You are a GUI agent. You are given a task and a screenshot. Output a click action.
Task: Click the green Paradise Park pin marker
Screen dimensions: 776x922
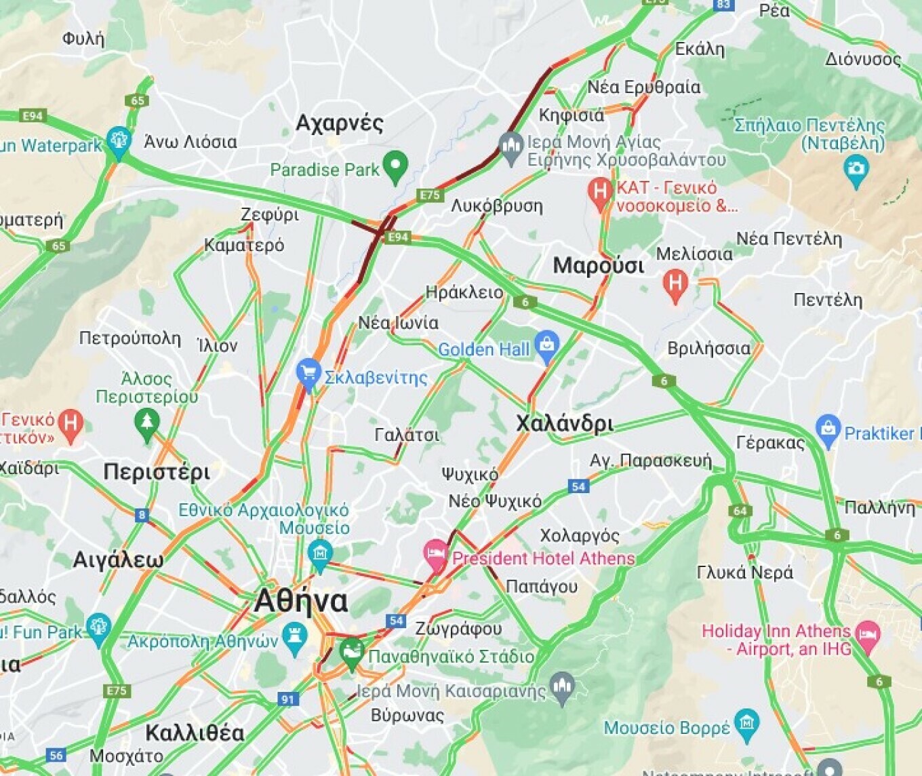click(x=395, y=165)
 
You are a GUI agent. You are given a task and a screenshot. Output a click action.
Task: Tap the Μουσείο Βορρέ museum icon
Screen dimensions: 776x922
click(x=746, y=724)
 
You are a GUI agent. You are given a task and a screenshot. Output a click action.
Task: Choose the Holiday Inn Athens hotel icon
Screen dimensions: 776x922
click(x=867, y=636)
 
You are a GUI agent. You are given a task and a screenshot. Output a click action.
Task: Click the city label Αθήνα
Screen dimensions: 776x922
click(x=301, y=602)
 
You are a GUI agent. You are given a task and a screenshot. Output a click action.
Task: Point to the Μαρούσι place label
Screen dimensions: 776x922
click(x=598, y=265)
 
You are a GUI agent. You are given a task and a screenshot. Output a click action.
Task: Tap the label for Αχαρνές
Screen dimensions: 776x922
click(x=340, y=123)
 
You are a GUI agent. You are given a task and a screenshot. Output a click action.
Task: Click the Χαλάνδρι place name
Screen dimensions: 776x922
click(x=564, y=424)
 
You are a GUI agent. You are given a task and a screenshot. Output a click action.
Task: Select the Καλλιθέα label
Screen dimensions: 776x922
click(x=195, y=733)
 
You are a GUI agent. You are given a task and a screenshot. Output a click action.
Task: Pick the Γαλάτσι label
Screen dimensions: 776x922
click(x=407, y=434)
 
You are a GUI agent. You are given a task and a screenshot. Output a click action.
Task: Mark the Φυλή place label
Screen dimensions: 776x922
click(x=83, y=39)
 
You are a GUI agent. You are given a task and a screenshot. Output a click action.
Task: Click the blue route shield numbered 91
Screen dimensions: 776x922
click(x=288, y=699)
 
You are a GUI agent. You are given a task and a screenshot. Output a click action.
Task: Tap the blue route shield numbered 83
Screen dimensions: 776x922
click(x=723, y=4)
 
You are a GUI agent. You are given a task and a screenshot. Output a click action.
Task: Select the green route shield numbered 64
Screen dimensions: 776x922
click(x=740, y=511)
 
